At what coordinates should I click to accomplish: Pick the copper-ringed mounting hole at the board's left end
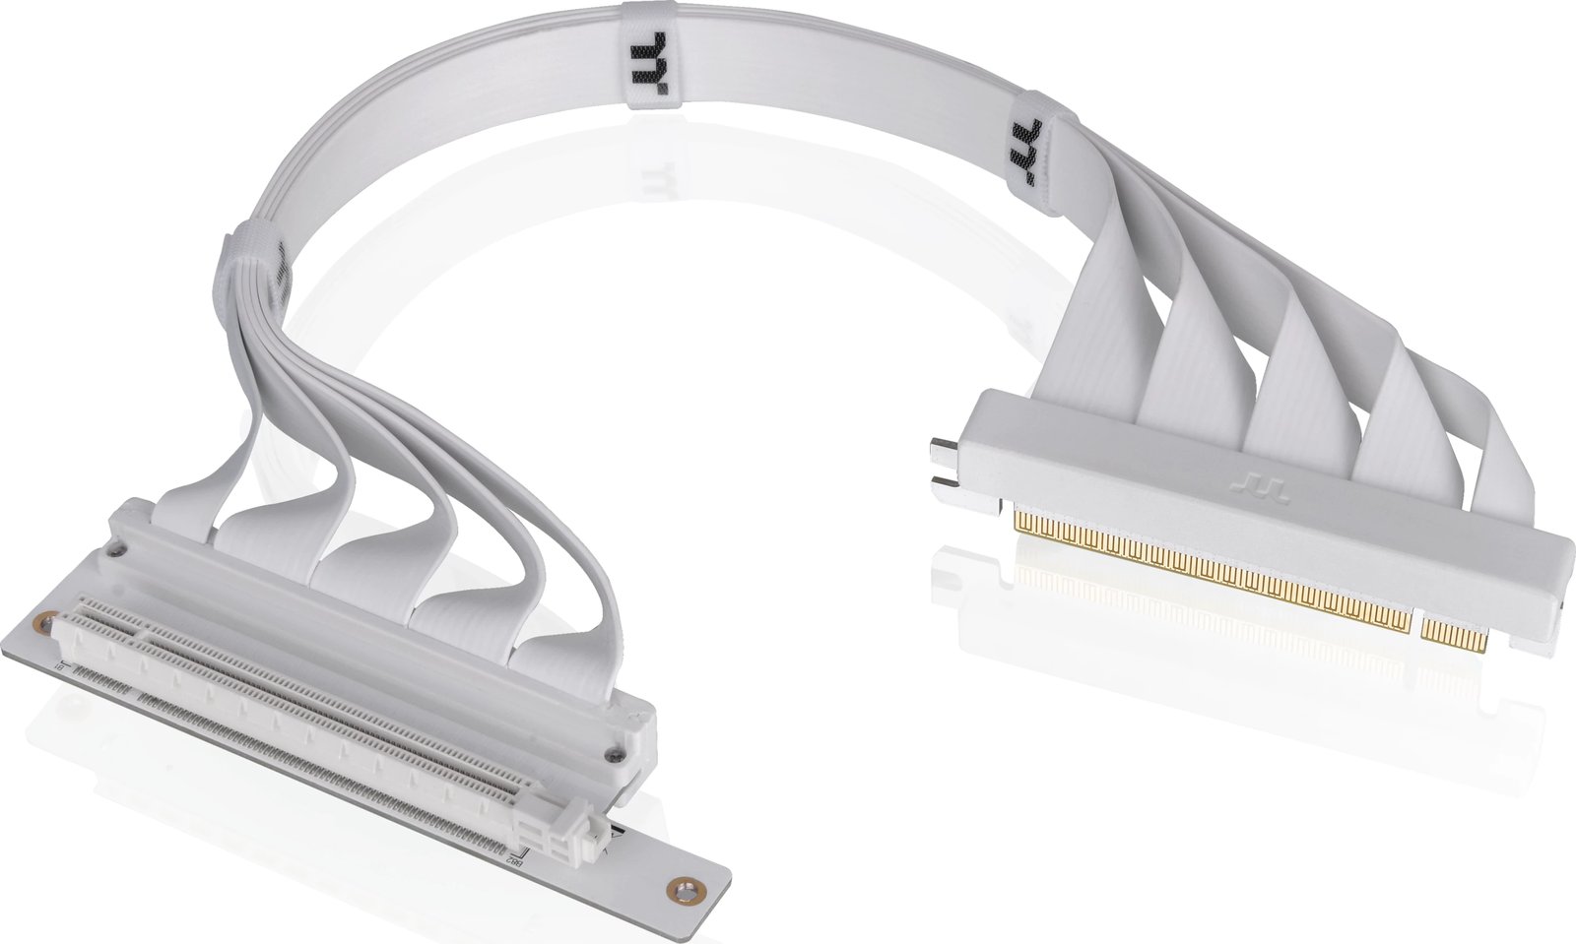point(42,622)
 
